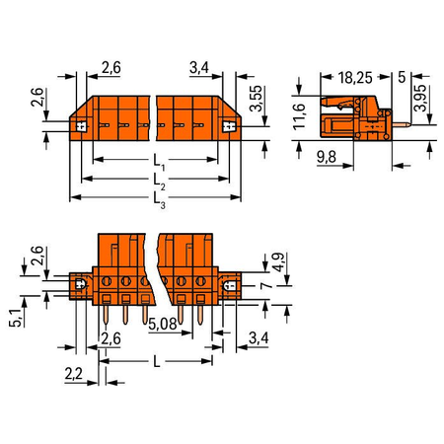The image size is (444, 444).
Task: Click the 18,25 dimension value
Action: [x=355, y=78]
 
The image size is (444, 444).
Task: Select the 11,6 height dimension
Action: [x=300, y=116]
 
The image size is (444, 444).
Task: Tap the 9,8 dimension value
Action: [x=327, y=157]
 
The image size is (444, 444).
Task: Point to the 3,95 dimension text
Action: [x=420, y=98]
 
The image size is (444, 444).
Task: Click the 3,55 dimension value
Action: [x=257, y=99]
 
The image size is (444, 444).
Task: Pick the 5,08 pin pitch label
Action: [x=163, y=324]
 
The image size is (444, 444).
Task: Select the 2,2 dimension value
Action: [x=74, y=374]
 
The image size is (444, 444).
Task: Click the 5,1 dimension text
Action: [x=16, y=318]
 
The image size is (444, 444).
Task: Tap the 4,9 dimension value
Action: [x=278, y=262]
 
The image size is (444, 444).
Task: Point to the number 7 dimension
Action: [x=266, y=285]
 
